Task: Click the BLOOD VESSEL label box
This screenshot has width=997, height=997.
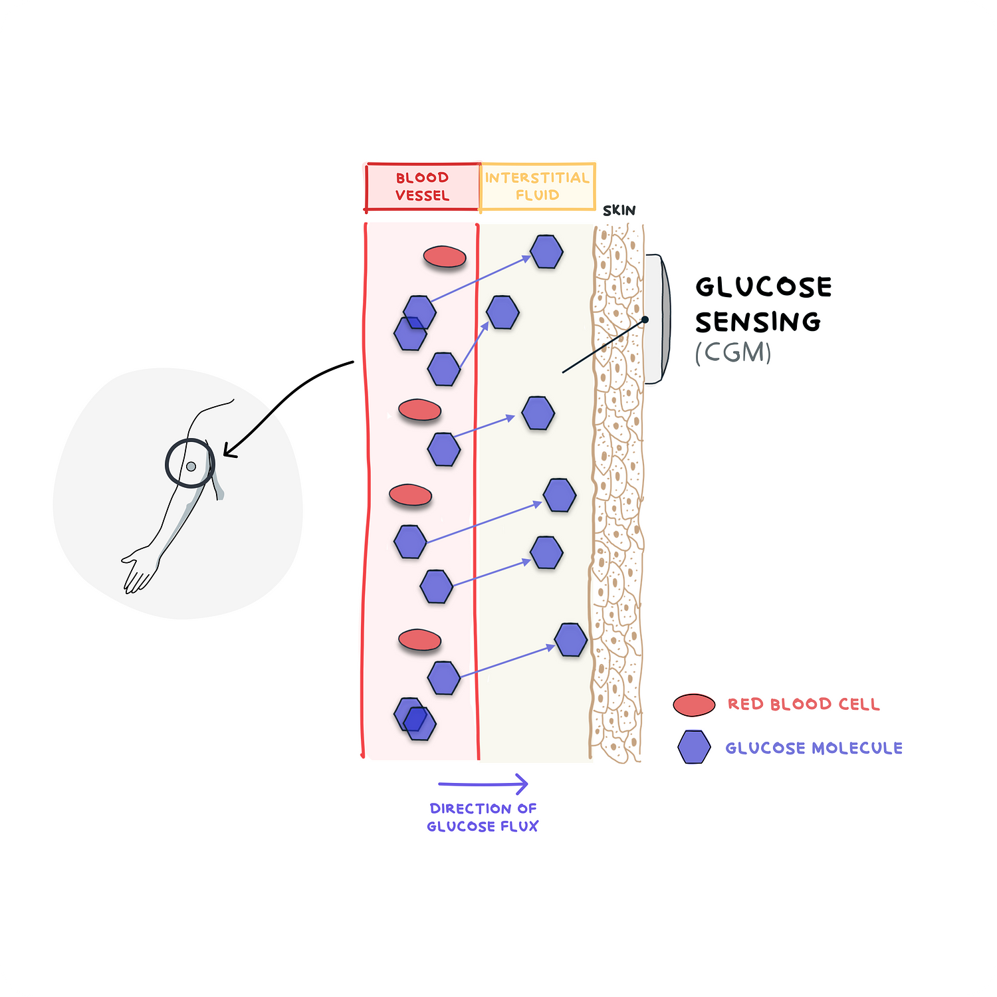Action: [423, 187]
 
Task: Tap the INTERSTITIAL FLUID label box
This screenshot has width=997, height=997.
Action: [537, 187]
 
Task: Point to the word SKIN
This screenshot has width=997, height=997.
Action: [619, 211]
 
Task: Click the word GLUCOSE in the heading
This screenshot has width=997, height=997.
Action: [764, 287]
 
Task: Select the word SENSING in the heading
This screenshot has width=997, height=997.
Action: [758, 322]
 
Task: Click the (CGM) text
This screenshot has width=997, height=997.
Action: [733, 352]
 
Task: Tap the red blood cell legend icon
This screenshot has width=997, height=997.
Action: [694, 705]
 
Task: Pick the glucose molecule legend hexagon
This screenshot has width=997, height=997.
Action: [694, 747]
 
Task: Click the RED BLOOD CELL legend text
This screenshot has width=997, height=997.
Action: [804, 705]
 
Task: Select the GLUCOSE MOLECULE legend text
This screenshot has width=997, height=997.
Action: [814, 748]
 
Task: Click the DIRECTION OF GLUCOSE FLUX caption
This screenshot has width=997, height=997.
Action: [483, 818]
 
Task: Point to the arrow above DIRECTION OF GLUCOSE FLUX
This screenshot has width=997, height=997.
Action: [483, 784]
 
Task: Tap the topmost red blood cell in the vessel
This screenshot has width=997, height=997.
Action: [445, 257]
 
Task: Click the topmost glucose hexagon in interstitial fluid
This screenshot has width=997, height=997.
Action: [546, 252]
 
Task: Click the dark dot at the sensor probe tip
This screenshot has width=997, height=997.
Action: [645, 320]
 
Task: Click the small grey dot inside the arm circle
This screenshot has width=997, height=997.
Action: [191, 467]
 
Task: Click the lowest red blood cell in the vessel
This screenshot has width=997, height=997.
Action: [419, 640]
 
